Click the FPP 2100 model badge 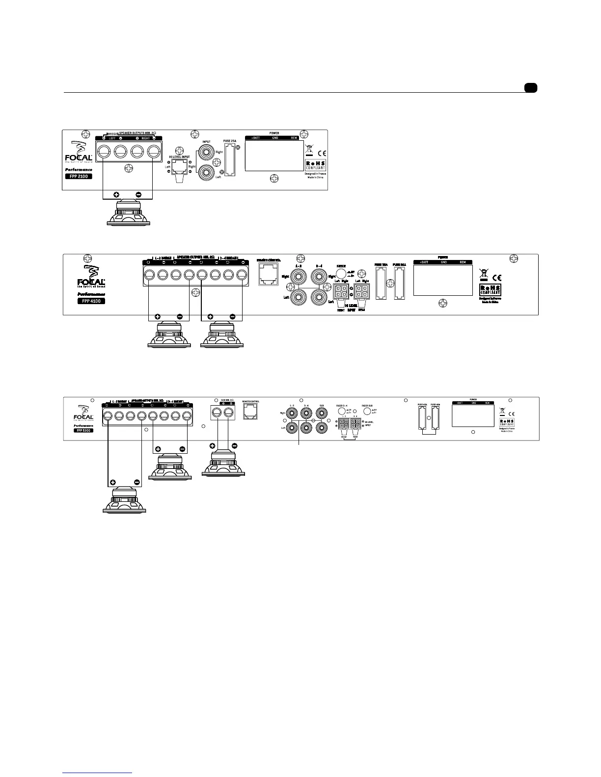(79, 176)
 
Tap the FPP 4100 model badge (91, 301)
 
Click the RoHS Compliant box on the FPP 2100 (316, 165)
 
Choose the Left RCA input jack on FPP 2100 (206, 172)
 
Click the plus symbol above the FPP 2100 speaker (116, 195)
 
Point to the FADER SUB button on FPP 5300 (367, 413)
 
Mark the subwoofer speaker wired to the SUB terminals (223, 464)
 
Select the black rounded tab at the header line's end (530, 88)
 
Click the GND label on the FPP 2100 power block (275, 138)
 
